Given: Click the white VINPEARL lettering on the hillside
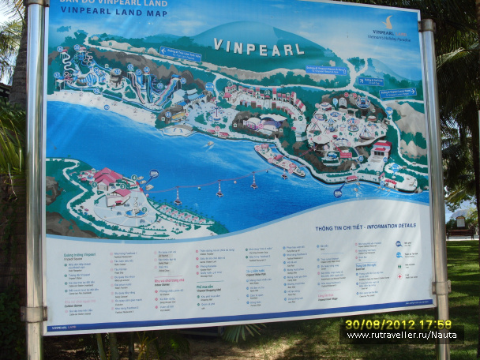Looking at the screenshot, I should (258, 47).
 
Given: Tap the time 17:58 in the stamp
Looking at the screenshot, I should (434, 324).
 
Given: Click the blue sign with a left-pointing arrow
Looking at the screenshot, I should (180, 54).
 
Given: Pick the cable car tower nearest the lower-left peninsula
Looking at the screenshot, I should (178, 198).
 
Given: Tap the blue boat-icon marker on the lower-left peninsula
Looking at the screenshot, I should (154, 174).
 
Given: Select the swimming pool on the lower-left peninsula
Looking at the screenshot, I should (135, 211).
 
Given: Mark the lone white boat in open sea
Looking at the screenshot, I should (209, 144).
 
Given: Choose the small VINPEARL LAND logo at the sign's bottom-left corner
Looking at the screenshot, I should (58, 326).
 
